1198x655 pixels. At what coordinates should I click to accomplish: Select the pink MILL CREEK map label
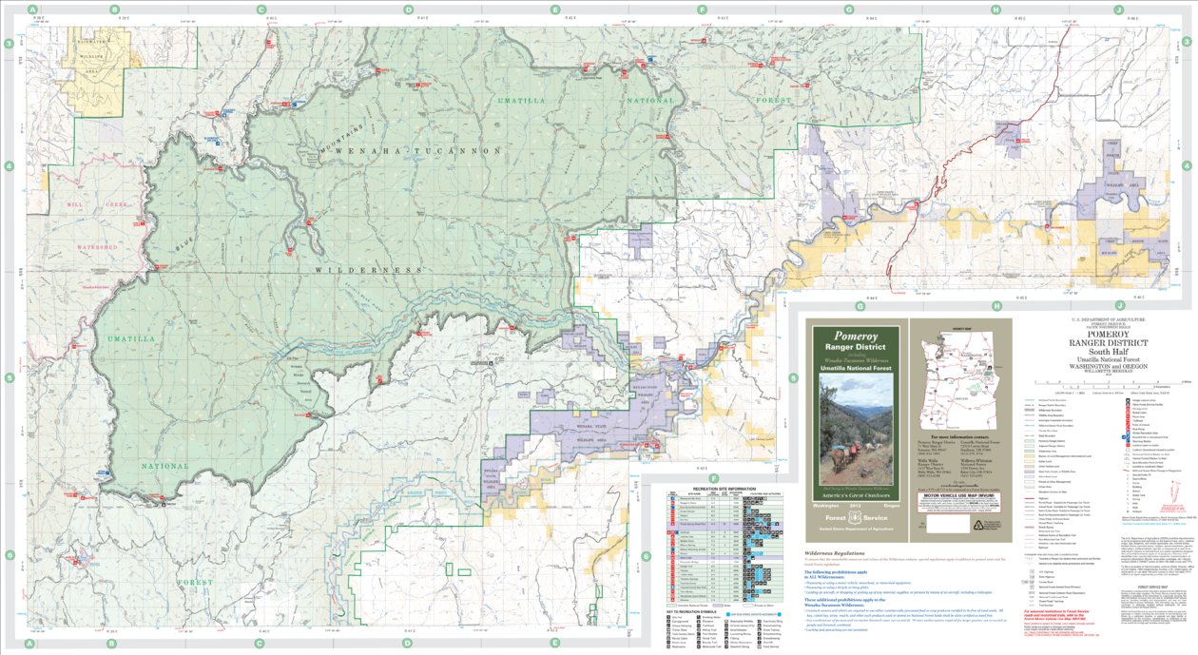click(83, 204)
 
